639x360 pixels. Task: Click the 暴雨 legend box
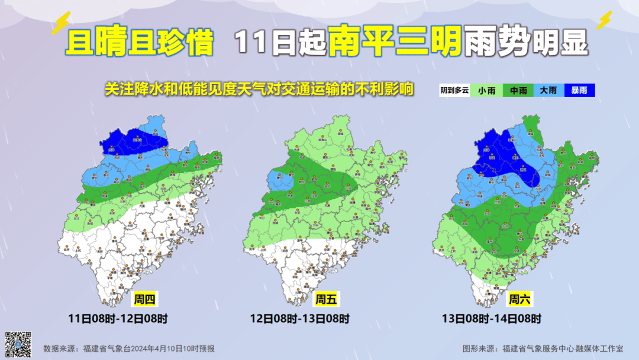[579, 91]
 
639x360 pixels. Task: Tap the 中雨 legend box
[518, 91]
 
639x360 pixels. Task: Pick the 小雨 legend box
[487, 91]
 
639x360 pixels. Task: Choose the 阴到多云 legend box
[454, 91]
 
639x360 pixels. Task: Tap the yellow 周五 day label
[325, 300]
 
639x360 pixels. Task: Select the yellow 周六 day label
[519, 300]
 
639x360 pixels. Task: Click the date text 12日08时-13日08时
[299, 319]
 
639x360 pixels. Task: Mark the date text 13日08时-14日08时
[491, 319]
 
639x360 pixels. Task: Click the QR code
[18, 343]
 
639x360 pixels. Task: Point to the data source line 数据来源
[129, 349]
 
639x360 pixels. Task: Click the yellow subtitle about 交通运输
[259, 89]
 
